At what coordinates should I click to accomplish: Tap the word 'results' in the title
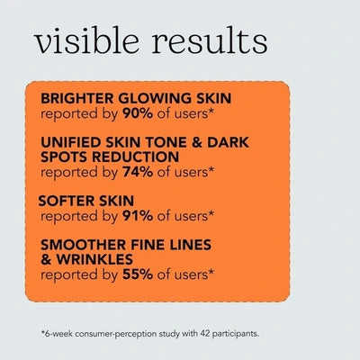(x=211, y=42)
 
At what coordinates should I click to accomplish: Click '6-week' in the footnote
(x=62, y=332)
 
